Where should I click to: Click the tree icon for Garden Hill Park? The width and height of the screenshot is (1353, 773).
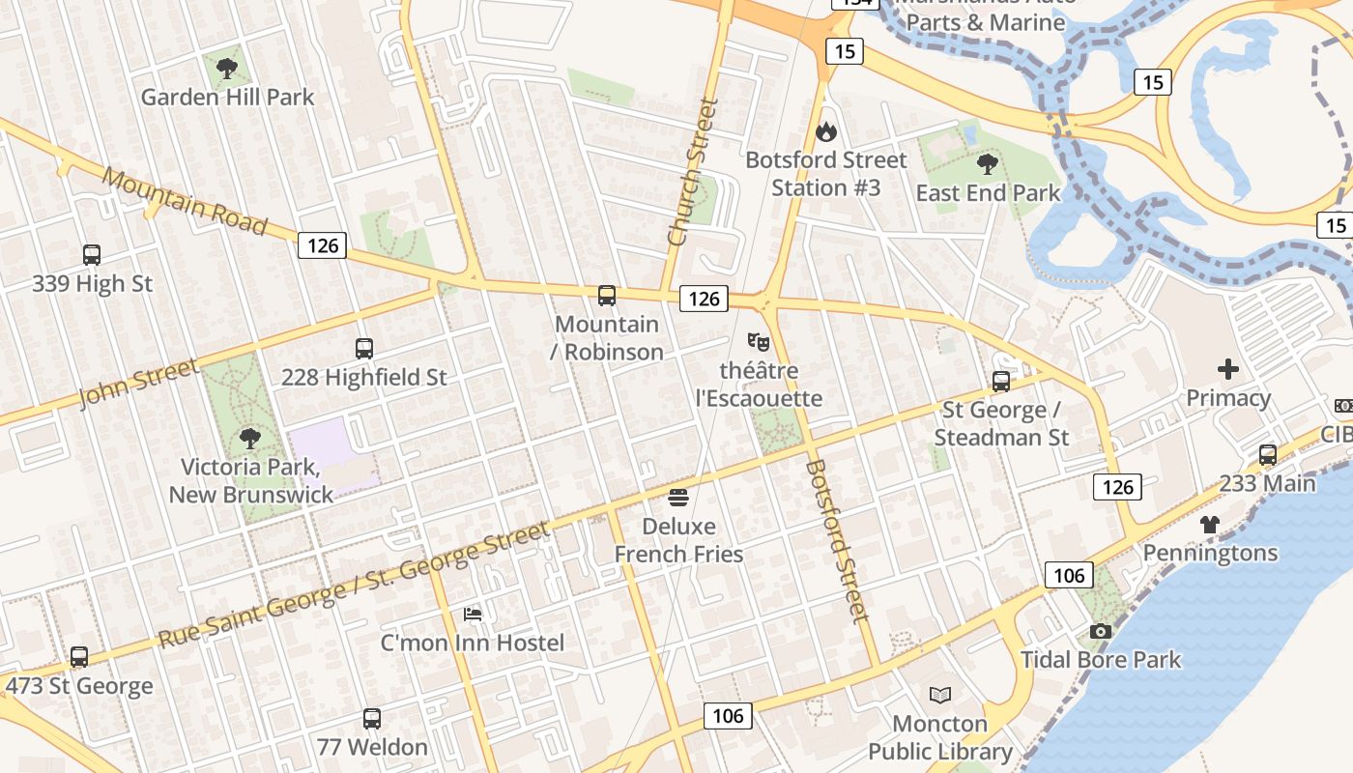[227, 69]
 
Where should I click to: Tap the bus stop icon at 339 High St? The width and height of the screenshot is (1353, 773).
[92, 255]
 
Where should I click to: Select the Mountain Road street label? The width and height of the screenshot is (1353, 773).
[185, 202]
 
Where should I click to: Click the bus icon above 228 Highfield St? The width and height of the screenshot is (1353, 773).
[364, 349]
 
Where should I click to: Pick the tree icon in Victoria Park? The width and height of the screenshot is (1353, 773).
[250, 439]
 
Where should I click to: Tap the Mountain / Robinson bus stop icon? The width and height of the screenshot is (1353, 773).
[607, 296]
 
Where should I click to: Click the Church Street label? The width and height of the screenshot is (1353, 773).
[694, 172]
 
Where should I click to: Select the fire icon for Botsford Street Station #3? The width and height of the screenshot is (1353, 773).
[826, 131]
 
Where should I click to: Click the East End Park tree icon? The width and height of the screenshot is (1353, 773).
[987, 164]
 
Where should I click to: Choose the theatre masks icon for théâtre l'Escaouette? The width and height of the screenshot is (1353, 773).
[759, 342]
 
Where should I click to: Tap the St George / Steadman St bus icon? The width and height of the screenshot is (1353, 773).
[1001, 382]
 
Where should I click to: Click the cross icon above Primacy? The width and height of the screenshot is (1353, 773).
[1228, 369]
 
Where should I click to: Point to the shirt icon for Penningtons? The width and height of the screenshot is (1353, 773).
[1210, 525]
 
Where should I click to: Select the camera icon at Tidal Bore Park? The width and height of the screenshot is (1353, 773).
[1100, 632]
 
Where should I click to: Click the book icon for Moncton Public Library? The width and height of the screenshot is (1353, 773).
[939, 695]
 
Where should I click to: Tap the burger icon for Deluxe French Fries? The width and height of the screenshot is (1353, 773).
[678, 498]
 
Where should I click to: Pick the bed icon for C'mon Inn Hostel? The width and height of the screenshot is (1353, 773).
[473, 614]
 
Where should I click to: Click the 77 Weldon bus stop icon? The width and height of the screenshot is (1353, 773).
[372, 719]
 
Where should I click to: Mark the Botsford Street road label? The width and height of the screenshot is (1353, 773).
[837, 541]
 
